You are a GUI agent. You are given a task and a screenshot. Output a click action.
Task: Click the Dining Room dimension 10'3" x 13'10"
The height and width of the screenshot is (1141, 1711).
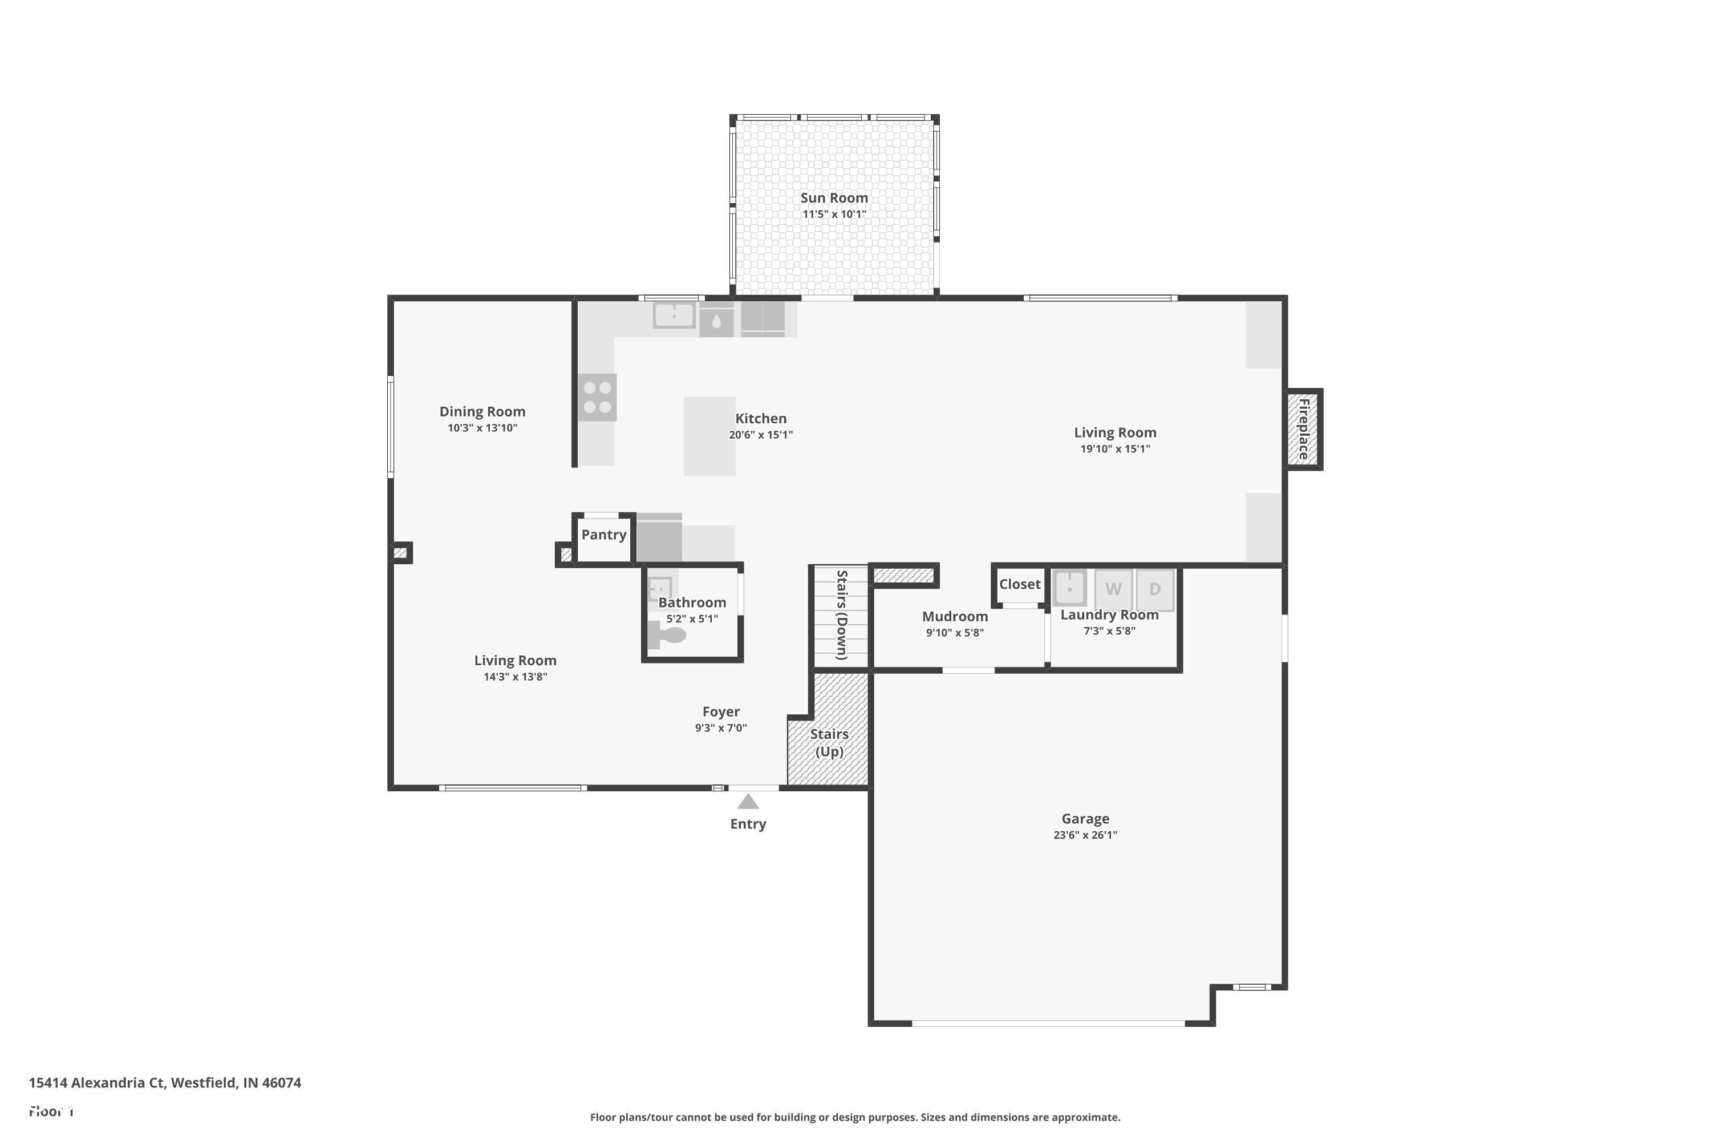(483, 428)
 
